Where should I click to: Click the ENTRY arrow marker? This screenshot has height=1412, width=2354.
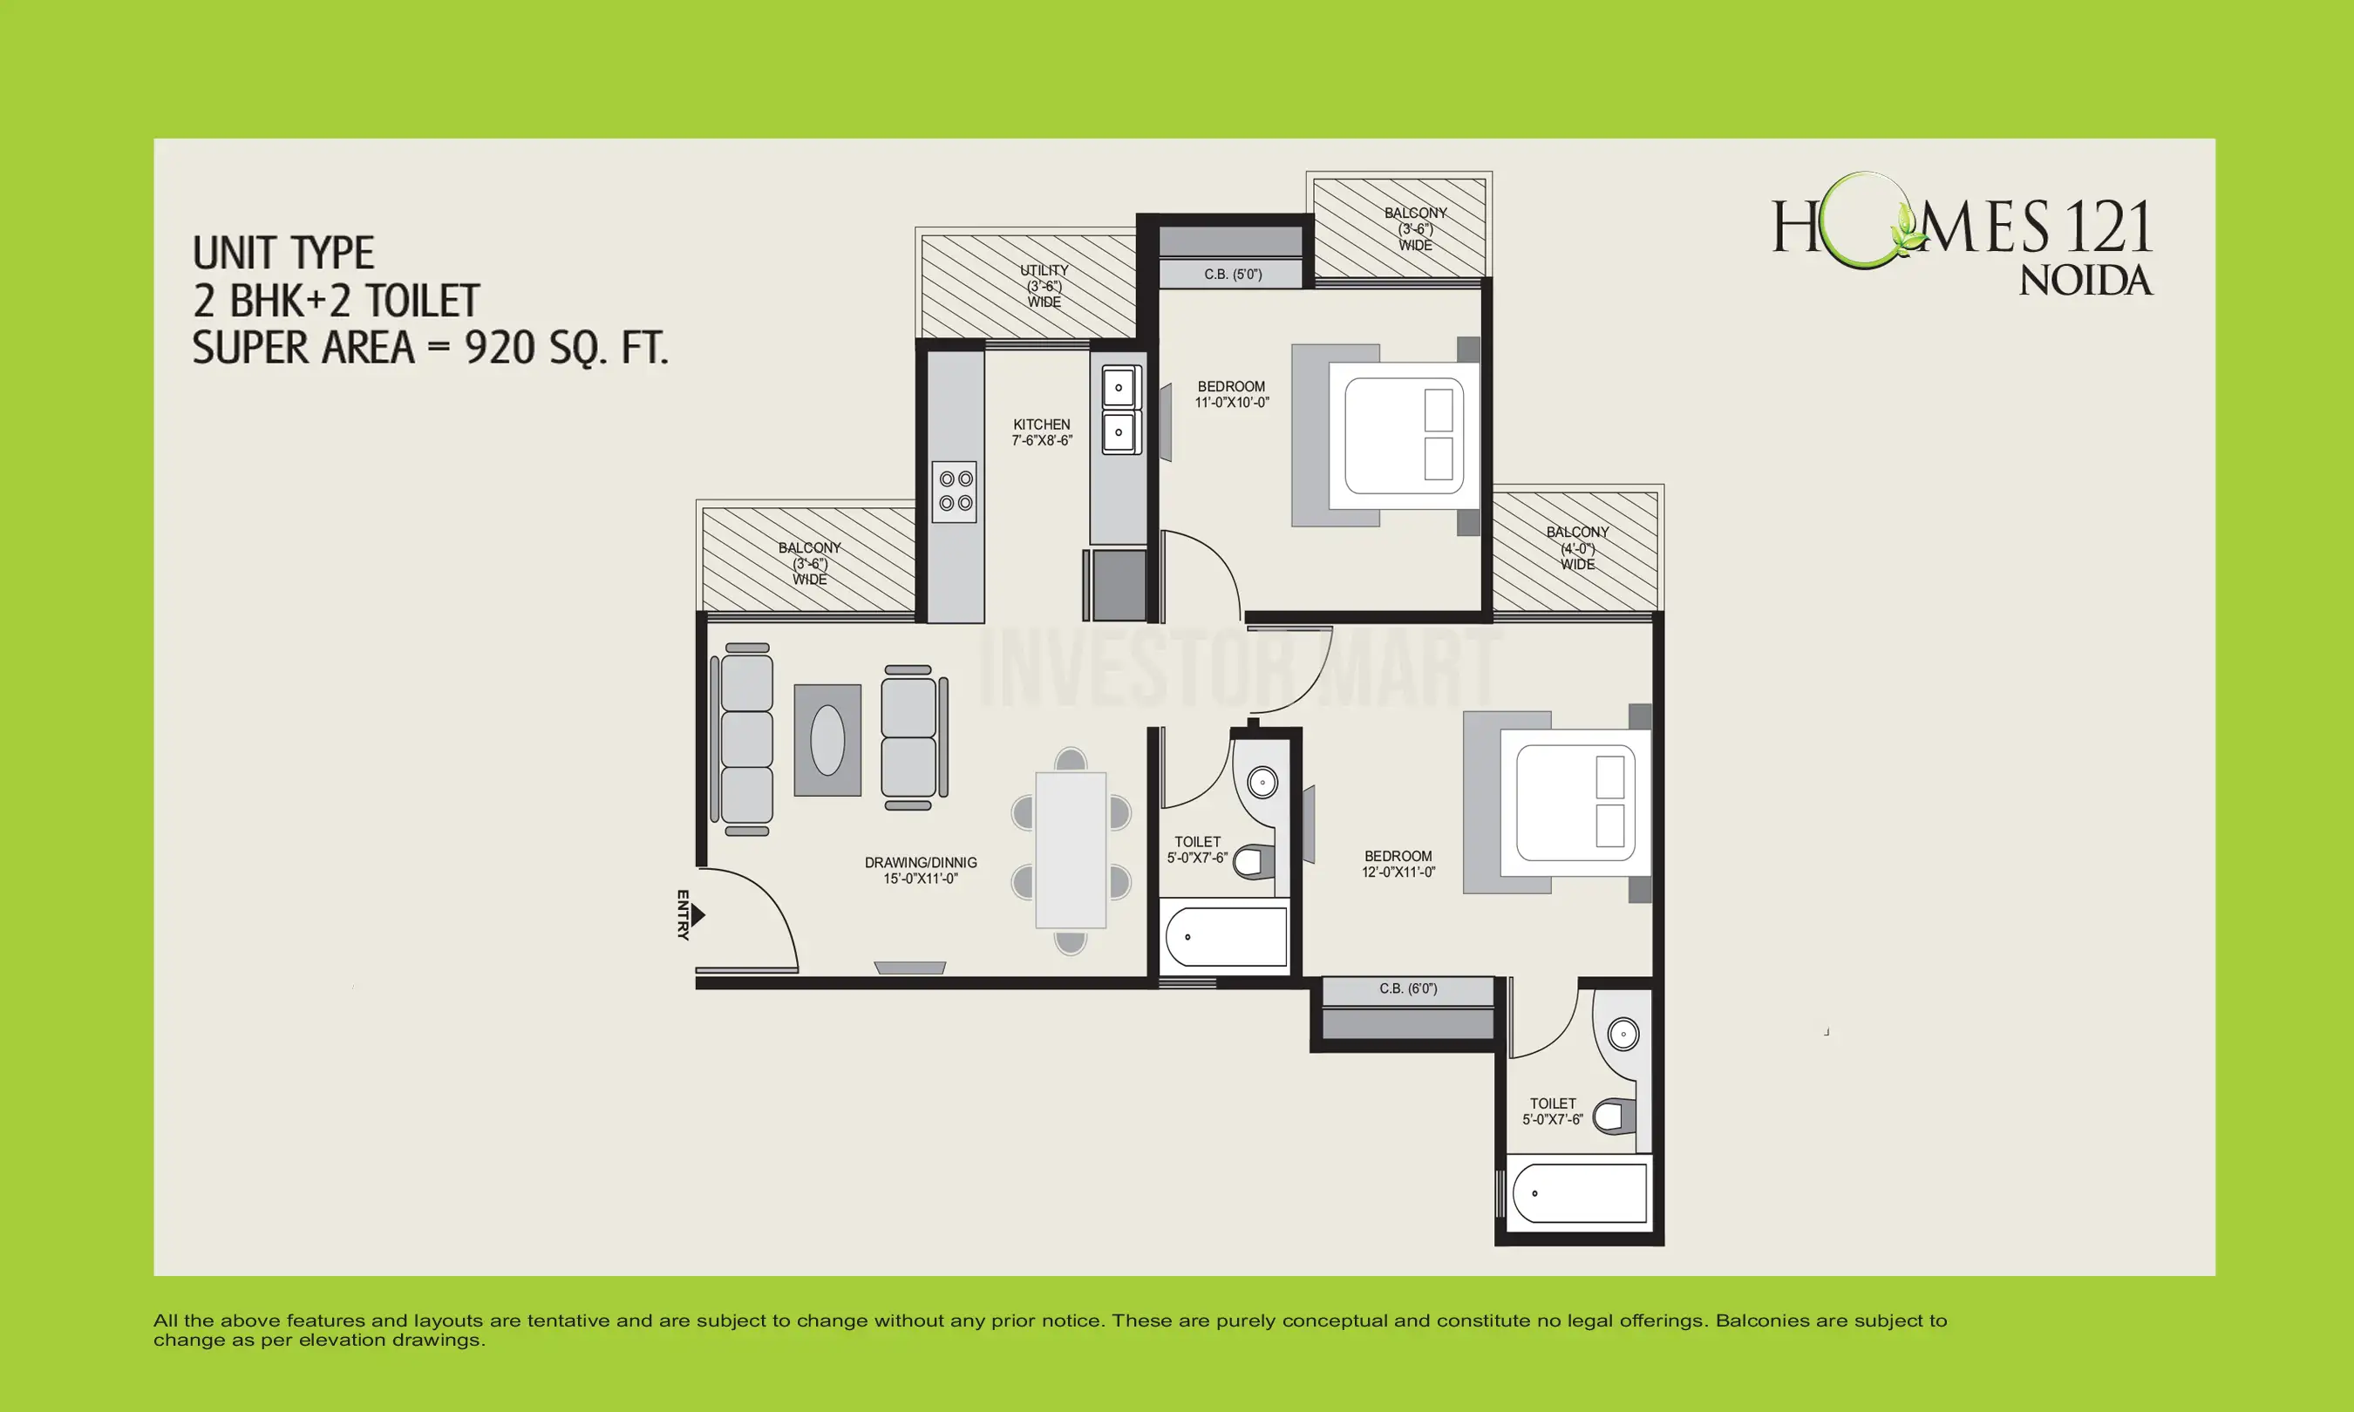click(698, 915)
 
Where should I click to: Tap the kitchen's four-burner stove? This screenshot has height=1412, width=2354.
click(956, 491)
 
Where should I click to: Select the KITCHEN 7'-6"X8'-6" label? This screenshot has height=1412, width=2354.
click(1041, 432)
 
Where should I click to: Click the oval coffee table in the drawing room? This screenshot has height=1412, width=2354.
click(827, 740)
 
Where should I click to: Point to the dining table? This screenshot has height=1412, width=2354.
click(1071, 850)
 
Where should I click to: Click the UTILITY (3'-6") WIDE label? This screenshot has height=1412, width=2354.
click(1044, 285)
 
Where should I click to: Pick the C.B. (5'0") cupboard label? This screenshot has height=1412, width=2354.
click(1232, 274)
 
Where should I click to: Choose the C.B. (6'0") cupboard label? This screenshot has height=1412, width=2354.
click(1407, 988)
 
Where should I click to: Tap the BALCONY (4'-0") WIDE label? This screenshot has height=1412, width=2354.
click(1576, 548)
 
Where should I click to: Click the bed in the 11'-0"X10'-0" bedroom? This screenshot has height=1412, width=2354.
click(1404, 435)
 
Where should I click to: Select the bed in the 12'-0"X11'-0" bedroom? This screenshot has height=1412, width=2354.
click(1575, 803)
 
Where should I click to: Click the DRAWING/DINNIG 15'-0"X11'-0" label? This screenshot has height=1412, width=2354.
click(920, 870)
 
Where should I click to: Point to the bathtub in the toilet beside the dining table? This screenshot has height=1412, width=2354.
click(1226, 937)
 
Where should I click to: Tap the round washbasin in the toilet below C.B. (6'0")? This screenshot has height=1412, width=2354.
click(1623, 1035)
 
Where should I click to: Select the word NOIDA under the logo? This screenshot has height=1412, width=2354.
click(2085, 281)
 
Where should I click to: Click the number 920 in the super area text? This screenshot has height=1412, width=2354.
click(500, 349)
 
